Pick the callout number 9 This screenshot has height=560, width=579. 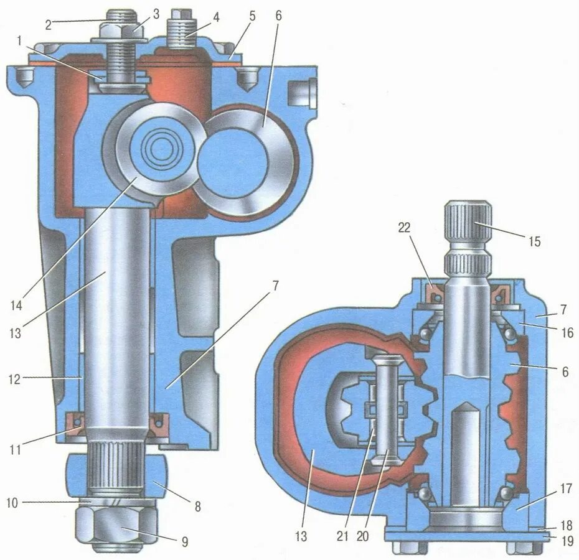184,542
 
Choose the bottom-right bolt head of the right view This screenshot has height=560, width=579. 520,548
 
